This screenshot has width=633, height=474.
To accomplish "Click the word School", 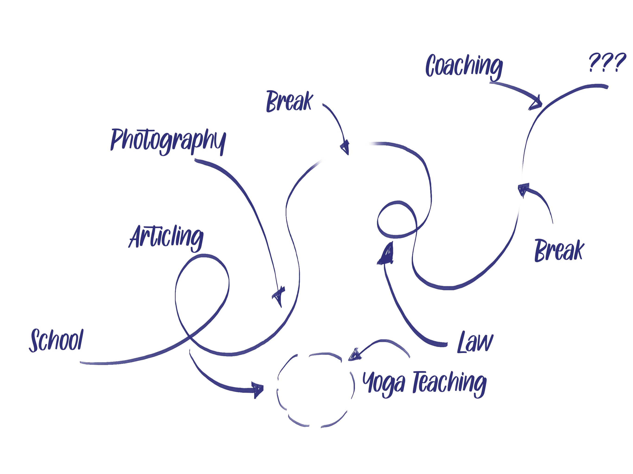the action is pyautogui.click(x=56, y=340).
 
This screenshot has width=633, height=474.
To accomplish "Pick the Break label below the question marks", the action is pyautogui.click(x=559, y=250).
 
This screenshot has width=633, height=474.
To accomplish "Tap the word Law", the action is pyautogui.click(x=475, y=343).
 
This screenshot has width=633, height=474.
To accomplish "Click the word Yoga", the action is pyautogui.click(x=384, y=383).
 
